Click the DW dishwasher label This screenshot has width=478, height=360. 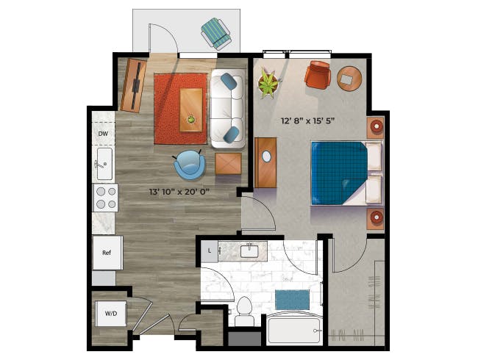103,134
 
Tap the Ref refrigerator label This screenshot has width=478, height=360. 107,253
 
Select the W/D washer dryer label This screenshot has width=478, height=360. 111,314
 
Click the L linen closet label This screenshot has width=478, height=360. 210,251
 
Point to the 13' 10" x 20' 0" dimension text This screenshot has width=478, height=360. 179,192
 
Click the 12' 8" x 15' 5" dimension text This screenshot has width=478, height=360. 307,121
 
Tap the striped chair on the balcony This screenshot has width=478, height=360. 215,34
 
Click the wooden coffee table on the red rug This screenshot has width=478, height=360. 191,110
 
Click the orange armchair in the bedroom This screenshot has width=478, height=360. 318,75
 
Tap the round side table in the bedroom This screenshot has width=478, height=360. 349,79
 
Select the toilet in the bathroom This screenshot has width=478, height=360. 244,311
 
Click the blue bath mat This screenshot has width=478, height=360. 292,300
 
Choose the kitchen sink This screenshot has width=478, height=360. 104,164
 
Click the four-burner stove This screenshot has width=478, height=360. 105,198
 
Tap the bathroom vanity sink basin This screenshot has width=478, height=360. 249,251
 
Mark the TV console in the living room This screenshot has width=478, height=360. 134,85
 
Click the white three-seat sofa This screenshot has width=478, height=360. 228,109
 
